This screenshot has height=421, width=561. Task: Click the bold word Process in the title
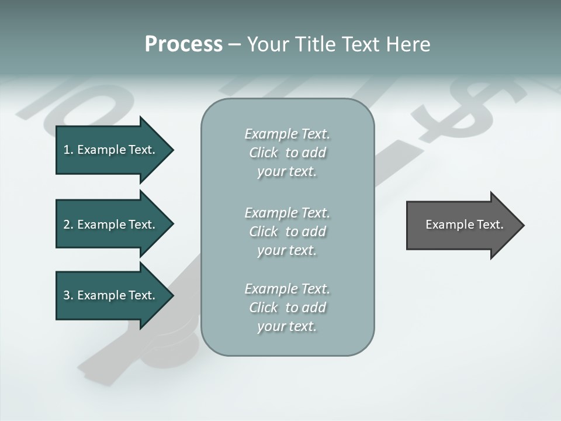pyautogui.click(x=183, y=44)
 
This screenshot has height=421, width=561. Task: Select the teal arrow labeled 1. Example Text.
pyautogui.click(x=111, y=150)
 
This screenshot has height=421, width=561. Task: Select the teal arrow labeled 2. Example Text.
pyautogui.click(x=111, y=225)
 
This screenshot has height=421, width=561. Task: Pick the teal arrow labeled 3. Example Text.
pyautogui.click(x=111, y=295)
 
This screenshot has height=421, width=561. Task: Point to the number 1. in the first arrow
pyautogui.click(x=68, y=150)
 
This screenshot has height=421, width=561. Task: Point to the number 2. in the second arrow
pyautogui.click(x=68, y=225)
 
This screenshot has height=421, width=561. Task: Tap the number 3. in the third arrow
pyautogui.click(x=68, y=295)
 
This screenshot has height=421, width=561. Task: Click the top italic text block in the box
pyautogui.click(x=288, y=153)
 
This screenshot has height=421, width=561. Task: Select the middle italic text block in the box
pyautogui.click(x=288, y=231)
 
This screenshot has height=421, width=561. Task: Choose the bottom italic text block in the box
pyautogui.click(x=288, y=308)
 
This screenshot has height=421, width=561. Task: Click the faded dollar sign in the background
pyautogui.click(x=467, y=108)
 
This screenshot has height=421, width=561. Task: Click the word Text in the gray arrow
pyautogui.click(x=490, y=225)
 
